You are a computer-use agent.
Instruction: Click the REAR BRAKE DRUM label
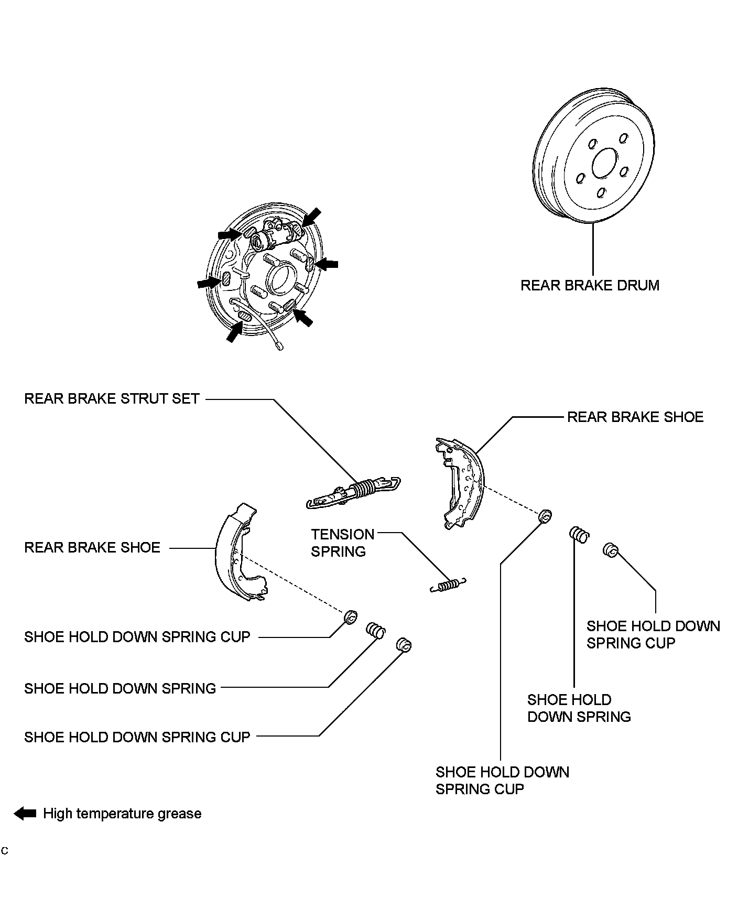coord(589,286)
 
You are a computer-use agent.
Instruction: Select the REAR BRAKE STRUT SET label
coord(112,399)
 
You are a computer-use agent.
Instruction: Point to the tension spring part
coord(448,585)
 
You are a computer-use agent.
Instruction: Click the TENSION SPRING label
coord(342,543)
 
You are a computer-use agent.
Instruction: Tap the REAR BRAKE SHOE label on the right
coord(635,417)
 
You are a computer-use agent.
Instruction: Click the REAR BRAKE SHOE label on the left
coord(92,548)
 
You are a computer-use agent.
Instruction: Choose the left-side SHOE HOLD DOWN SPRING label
coord(120,688)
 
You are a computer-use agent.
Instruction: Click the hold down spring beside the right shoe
coord(579,535)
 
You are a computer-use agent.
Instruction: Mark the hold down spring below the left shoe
coord(375,631)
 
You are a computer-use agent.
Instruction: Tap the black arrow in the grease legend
coord(25,814)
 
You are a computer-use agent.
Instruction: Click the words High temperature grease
coord(122,814)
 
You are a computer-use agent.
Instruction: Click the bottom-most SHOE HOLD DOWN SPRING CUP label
coord(502,781)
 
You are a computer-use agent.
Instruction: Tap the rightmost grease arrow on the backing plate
coord(328,265)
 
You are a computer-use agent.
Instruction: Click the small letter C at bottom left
coord(5,850)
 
